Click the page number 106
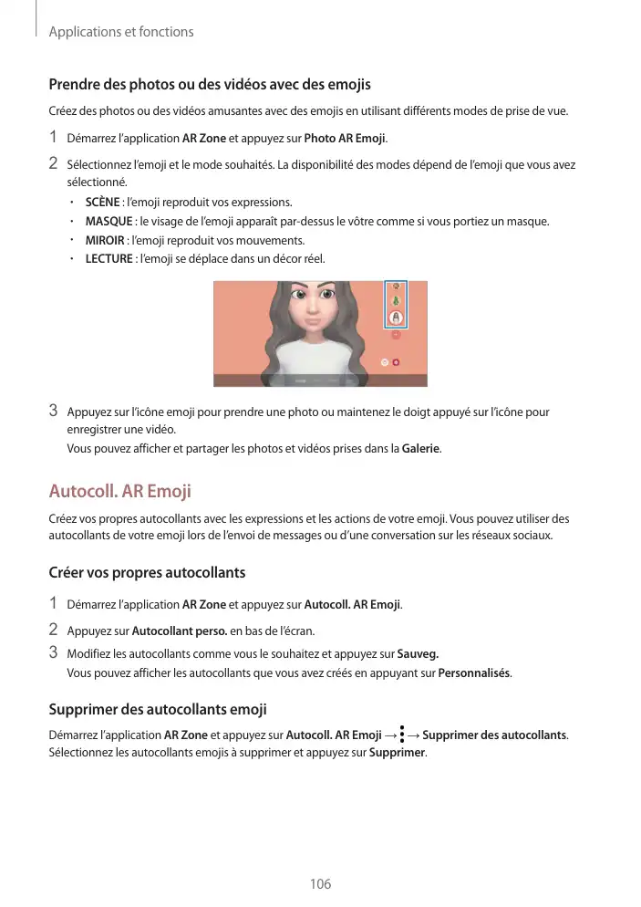coord(320,884)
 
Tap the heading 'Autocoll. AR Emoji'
coord(119,492)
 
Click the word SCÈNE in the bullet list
coord(102,202)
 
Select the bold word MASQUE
coord(109,221)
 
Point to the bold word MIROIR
coord(105,240)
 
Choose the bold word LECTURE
coord(109,259)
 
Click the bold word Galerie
coord(420,449)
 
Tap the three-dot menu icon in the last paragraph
coord(402,735)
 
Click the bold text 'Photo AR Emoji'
coord(345,139)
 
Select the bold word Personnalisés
coord(474,673)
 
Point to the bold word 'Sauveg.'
coord(419,654)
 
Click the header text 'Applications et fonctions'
coord(120,32)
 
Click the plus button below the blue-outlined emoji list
coord(396,336)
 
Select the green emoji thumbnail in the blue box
coord(396,301)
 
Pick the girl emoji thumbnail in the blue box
coord(396,317)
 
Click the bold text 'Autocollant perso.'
coord(180,631)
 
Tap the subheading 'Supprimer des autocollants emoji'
coord(157,709)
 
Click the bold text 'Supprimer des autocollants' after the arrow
coord(494,735)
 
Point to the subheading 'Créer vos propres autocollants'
coord(147,573)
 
